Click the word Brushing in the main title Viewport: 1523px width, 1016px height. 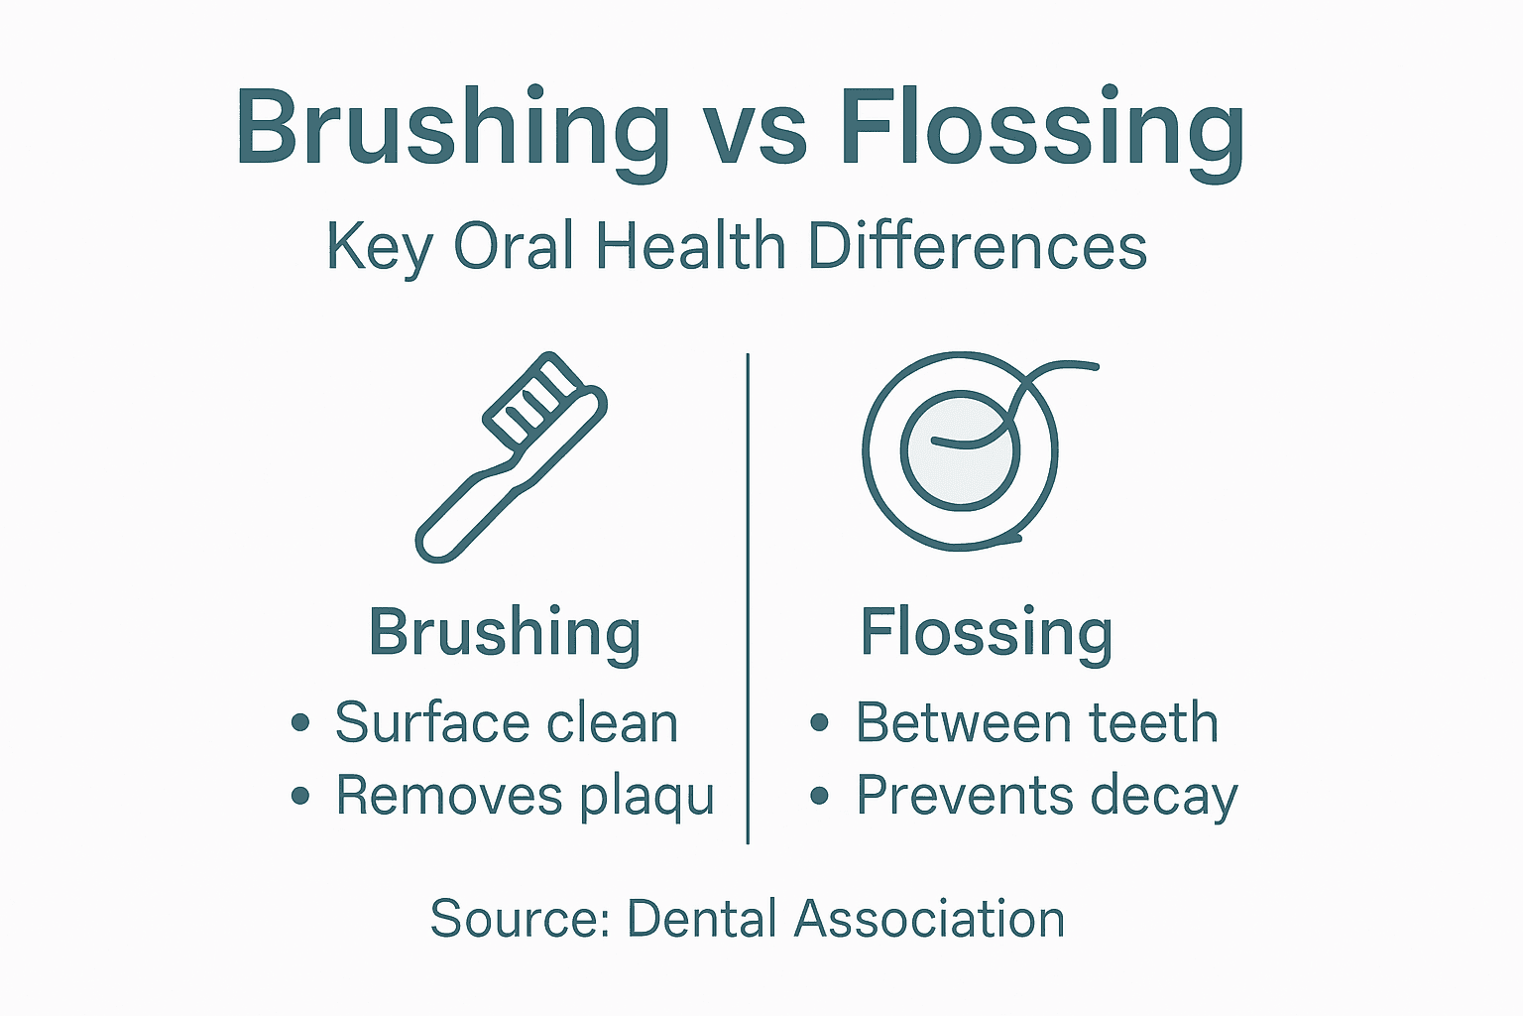pos(452,129)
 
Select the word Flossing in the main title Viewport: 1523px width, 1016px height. pos(1041,129)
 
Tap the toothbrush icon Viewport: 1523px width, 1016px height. pos(512,456)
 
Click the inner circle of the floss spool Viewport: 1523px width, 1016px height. pos(960,452)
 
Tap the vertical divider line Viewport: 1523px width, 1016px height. pos(748,595)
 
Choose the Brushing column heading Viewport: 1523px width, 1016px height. pos(505,632)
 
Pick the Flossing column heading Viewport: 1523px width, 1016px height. pos(986,632)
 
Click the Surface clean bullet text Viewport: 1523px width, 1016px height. pos(506,722)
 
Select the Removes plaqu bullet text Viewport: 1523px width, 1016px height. pos(525,796)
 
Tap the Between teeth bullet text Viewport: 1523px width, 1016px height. pos(1036,722)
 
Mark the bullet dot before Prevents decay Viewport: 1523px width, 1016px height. pos(819,796)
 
